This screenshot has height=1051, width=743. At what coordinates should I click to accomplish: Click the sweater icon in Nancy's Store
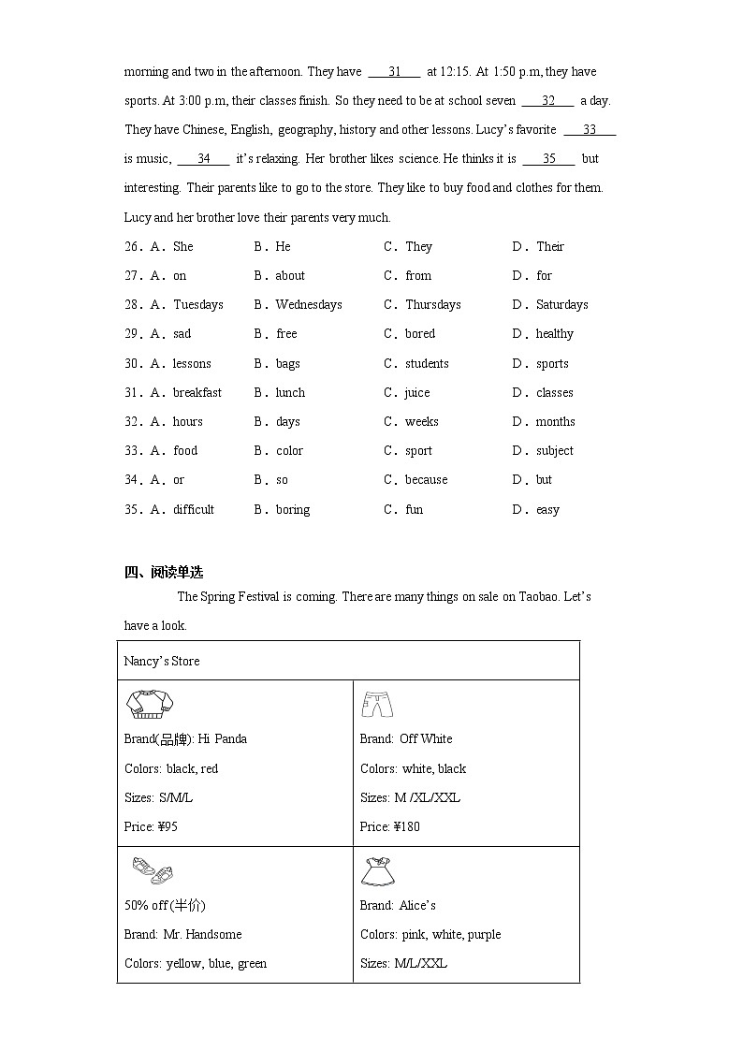tap(152, 704)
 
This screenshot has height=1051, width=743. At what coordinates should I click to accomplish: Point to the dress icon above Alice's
tap(378, 871)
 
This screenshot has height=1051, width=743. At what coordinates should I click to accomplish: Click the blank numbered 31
tap(394, 72)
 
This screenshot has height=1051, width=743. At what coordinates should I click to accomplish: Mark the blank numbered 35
tap(549, 159)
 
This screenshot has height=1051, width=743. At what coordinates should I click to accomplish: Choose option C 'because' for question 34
tap(426, 480)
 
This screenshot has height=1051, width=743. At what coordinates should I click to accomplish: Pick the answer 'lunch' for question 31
tap(290, 393)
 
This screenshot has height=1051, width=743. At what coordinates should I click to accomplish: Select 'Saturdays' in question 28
tap(561, 305)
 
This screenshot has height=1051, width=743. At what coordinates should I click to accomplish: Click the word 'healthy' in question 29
tap(554, 334)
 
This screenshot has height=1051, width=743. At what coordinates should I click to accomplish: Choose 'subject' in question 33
tap(554, 451)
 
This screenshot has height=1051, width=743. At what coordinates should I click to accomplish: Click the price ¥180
tap(406, 827)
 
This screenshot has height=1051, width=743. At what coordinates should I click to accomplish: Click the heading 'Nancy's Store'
tap(162, 661)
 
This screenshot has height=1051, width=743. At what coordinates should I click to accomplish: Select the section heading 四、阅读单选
tap(164, 573)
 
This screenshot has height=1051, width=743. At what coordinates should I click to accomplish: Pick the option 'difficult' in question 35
tap(193, 510)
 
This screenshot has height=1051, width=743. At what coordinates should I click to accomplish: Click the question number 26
tap(132, 247)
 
